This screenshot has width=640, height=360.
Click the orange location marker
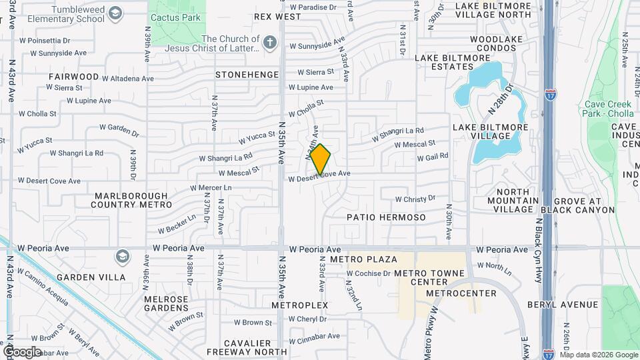321,159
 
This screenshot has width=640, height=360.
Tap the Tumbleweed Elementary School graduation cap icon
116,13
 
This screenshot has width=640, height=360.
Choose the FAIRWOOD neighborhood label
73,77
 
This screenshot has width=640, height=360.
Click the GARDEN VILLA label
91,277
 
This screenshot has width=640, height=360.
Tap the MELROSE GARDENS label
166,303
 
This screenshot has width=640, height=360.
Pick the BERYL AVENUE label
562,305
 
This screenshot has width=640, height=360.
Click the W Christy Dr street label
415,199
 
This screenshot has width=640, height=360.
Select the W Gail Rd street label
432,157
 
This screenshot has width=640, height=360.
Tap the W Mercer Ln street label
211,188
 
